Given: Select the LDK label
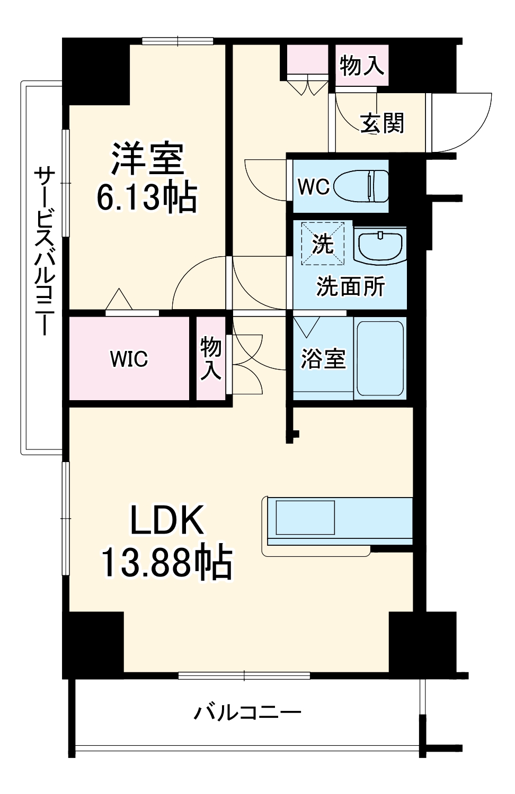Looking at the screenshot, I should tap(167, 521).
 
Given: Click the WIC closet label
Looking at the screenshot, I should tap(129, 359).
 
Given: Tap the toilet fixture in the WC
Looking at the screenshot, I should tap(362, 185).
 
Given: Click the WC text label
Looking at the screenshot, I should tap(313, 186).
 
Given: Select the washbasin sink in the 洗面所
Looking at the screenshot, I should tap(379, 246).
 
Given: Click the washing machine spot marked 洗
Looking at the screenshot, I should tap(322, 243).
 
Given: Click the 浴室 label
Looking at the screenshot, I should tap(323, 359).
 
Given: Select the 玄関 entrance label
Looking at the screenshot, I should tap(382, 123).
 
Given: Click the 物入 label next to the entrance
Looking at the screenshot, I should tap(362, 66).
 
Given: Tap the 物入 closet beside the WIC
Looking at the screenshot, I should tap(210, 359).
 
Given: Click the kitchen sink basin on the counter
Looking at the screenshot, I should tap(305, 517).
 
